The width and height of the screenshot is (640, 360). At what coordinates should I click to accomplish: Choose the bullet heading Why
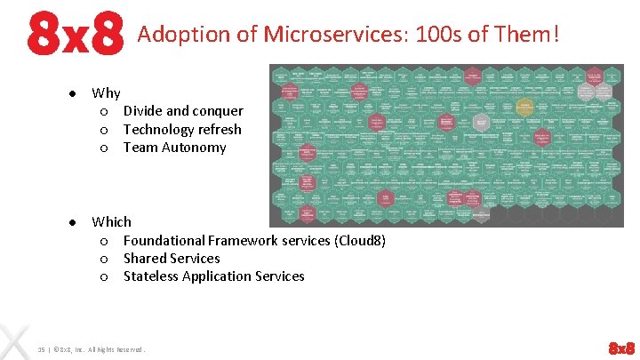coord(106,92)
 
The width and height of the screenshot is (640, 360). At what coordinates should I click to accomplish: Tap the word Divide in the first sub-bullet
coord(142,111)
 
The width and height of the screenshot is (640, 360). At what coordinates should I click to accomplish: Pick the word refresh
coord(218,130)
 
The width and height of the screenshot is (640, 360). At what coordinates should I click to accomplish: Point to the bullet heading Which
coord(111,221)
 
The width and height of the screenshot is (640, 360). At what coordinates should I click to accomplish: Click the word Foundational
coord(164,240)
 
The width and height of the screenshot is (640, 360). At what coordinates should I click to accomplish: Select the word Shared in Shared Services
coord(145,259)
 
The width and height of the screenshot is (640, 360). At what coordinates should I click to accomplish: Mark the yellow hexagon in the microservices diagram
coord(524,109)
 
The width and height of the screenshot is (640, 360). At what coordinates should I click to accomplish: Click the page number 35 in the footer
coord(42,348)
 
